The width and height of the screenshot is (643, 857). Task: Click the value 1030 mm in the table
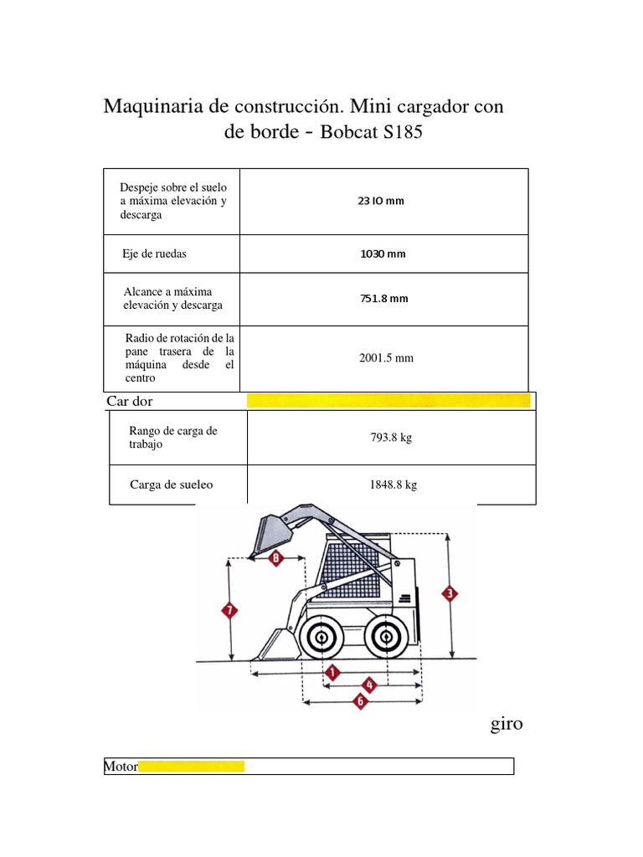(383, 254)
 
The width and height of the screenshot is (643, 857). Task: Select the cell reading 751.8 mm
(385, 299)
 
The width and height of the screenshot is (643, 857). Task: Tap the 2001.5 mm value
(386, 358)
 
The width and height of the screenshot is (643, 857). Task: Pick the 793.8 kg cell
(391, 438)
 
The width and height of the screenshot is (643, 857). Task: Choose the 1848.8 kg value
(392, 485)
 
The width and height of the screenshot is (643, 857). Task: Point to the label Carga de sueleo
(172, 485)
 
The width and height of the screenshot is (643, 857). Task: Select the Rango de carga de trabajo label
(172, 437)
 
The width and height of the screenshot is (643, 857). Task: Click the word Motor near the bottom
(121, 766)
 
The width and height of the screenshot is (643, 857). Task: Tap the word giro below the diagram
(507, 724)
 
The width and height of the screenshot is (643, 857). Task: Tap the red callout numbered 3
(450, 594)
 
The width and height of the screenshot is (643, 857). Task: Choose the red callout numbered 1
(332, 672)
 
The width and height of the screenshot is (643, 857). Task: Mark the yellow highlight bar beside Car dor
(388, 401)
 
